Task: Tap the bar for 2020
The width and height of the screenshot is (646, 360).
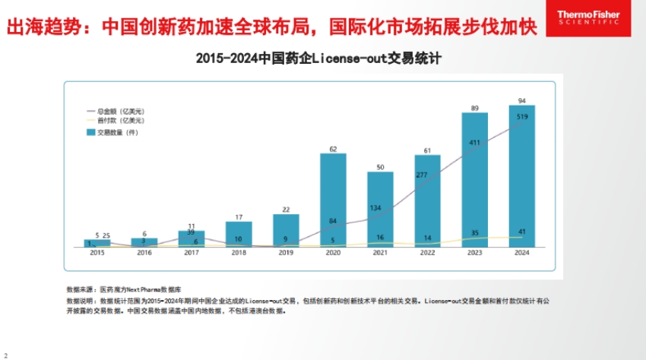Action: click(333, 201)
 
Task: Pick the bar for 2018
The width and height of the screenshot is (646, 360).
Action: click(239, 234)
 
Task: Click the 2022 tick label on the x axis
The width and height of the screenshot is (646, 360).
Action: click(427, 253)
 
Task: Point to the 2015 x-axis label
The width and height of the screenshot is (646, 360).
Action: click(97, 253)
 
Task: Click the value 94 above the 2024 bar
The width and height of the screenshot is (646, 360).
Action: click(522, 100)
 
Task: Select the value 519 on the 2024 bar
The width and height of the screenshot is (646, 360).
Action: click(522, 117)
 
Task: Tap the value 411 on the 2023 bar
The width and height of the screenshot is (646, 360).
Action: click(475, 143)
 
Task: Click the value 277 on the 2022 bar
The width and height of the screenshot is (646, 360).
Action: click(427, 175)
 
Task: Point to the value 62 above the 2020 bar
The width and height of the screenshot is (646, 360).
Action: click(333, 149)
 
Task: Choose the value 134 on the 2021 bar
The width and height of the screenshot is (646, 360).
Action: click(380, 208)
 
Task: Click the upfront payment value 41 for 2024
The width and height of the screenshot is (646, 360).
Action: click(522, 232)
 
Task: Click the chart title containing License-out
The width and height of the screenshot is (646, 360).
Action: click(319, 58)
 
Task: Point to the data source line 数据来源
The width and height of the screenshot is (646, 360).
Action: click(125, 289)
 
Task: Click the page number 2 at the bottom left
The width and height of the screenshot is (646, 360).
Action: click(5, 355)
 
